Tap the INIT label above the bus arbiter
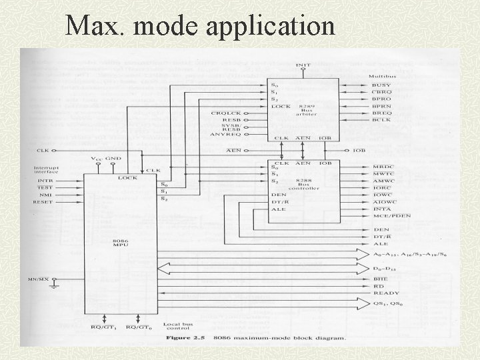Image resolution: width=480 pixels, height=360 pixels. pyautogui.click(x=302, y=65)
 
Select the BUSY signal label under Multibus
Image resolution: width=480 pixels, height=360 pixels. pyautogui.click(x=381, y=85)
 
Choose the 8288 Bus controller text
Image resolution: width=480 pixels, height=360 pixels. pyautogui.click(x=307, y=184)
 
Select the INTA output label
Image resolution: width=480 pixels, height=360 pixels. pyautogui.click(x=382, y=209)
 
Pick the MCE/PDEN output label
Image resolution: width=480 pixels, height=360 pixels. pyautogui.click(x=392, y=216)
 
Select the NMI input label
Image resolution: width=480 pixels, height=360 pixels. pyautogui.click(x=44, y=195)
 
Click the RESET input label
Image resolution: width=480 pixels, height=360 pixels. pyautogui.click(x=43, y=201)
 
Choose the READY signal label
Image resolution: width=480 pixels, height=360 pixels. pyautogui.click(x=387, y=293)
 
